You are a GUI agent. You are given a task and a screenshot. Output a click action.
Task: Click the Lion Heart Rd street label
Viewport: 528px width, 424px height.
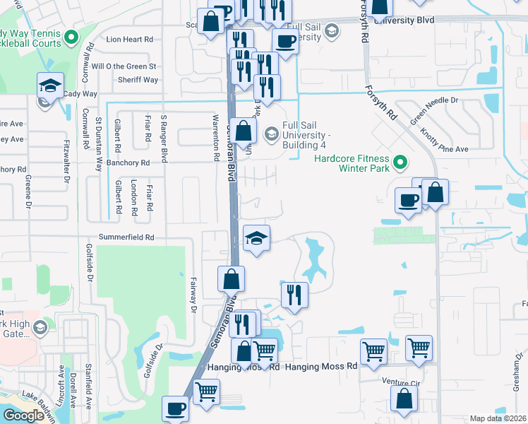[x=129, y=40]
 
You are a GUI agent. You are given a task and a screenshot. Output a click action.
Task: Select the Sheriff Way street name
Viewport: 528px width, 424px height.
[x=138, y=80]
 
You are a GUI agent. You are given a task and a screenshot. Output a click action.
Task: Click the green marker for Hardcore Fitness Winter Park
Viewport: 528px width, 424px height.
[x=400, y=163]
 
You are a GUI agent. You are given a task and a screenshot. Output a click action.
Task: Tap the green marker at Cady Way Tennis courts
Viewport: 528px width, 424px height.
[x=70, y=37]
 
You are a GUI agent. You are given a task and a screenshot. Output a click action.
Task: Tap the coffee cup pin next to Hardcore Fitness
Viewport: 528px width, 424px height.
[x=409, y=200]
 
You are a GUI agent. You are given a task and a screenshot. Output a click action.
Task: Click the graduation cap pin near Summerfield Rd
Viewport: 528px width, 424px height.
[x=256, y=237]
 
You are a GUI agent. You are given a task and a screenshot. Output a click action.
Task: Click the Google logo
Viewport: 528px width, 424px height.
[x=23, y=416]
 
